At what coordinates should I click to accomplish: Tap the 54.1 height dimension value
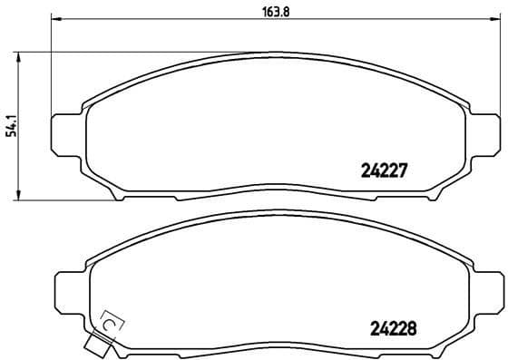pyautogui.click(x=11, y=125)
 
